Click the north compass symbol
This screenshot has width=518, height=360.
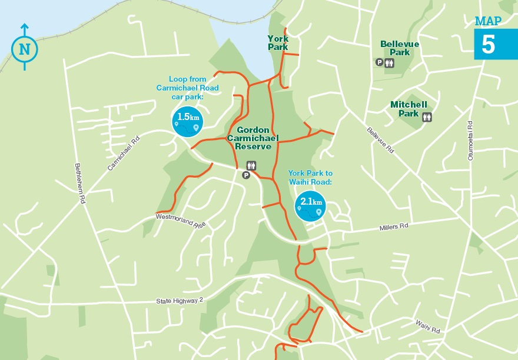(24, 48)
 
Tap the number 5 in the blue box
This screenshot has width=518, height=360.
(489, 45)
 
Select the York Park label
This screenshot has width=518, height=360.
(278, 42)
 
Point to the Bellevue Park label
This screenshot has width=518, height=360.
(395, 48)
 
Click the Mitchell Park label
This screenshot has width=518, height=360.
(405, 109)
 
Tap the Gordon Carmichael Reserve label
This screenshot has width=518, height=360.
(253, 138)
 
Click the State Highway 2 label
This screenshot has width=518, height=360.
(180, 301)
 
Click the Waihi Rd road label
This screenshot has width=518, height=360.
(427, 326)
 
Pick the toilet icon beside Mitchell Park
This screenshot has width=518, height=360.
(427, 116)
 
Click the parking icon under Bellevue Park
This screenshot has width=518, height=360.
(380, 62)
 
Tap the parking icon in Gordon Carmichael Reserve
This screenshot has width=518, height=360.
(246, 175)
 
